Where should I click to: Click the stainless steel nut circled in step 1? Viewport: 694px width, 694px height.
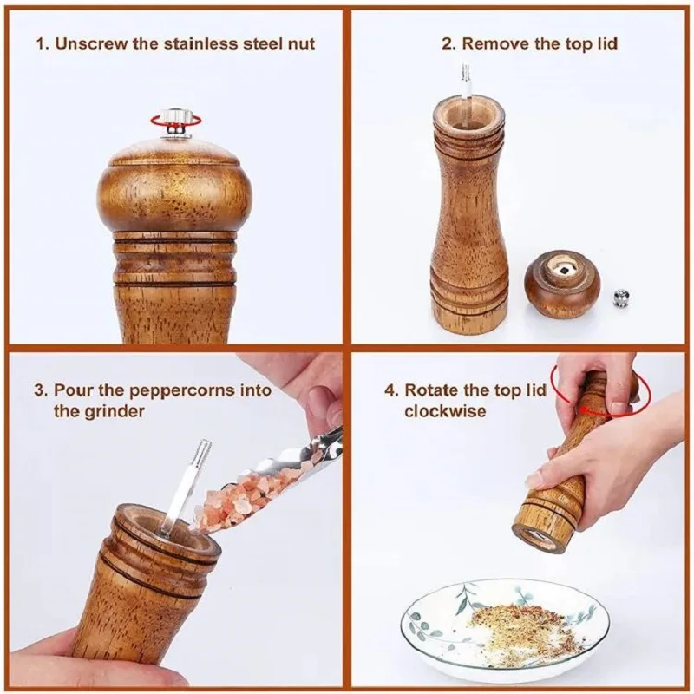[176, 120]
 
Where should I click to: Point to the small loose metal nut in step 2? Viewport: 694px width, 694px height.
[621, 298]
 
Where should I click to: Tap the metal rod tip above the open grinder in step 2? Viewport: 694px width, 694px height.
[466, 72]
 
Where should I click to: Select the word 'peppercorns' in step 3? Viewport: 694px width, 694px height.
[185, 391]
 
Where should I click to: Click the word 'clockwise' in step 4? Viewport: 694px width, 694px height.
[445, 411]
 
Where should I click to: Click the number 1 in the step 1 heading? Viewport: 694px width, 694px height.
[42, 45]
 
